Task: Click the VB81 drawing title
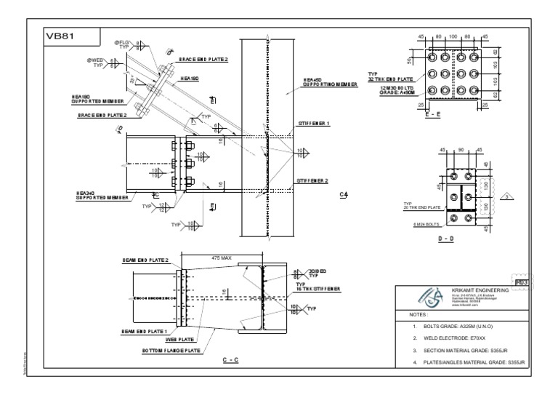pos(58,35)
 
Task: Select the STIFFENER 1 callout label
pos(314,124)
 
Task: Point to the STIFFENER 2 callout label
pos(314,180)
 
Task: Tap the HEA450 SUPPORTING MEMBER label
pos(330,82)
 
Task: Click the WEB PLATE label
pos(179,339)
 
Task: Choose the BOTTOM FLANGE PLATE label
pos(171,350)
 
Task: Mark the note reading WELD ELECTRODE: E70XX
pos(446,339)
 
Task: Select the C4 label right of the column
pos(342,195)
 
